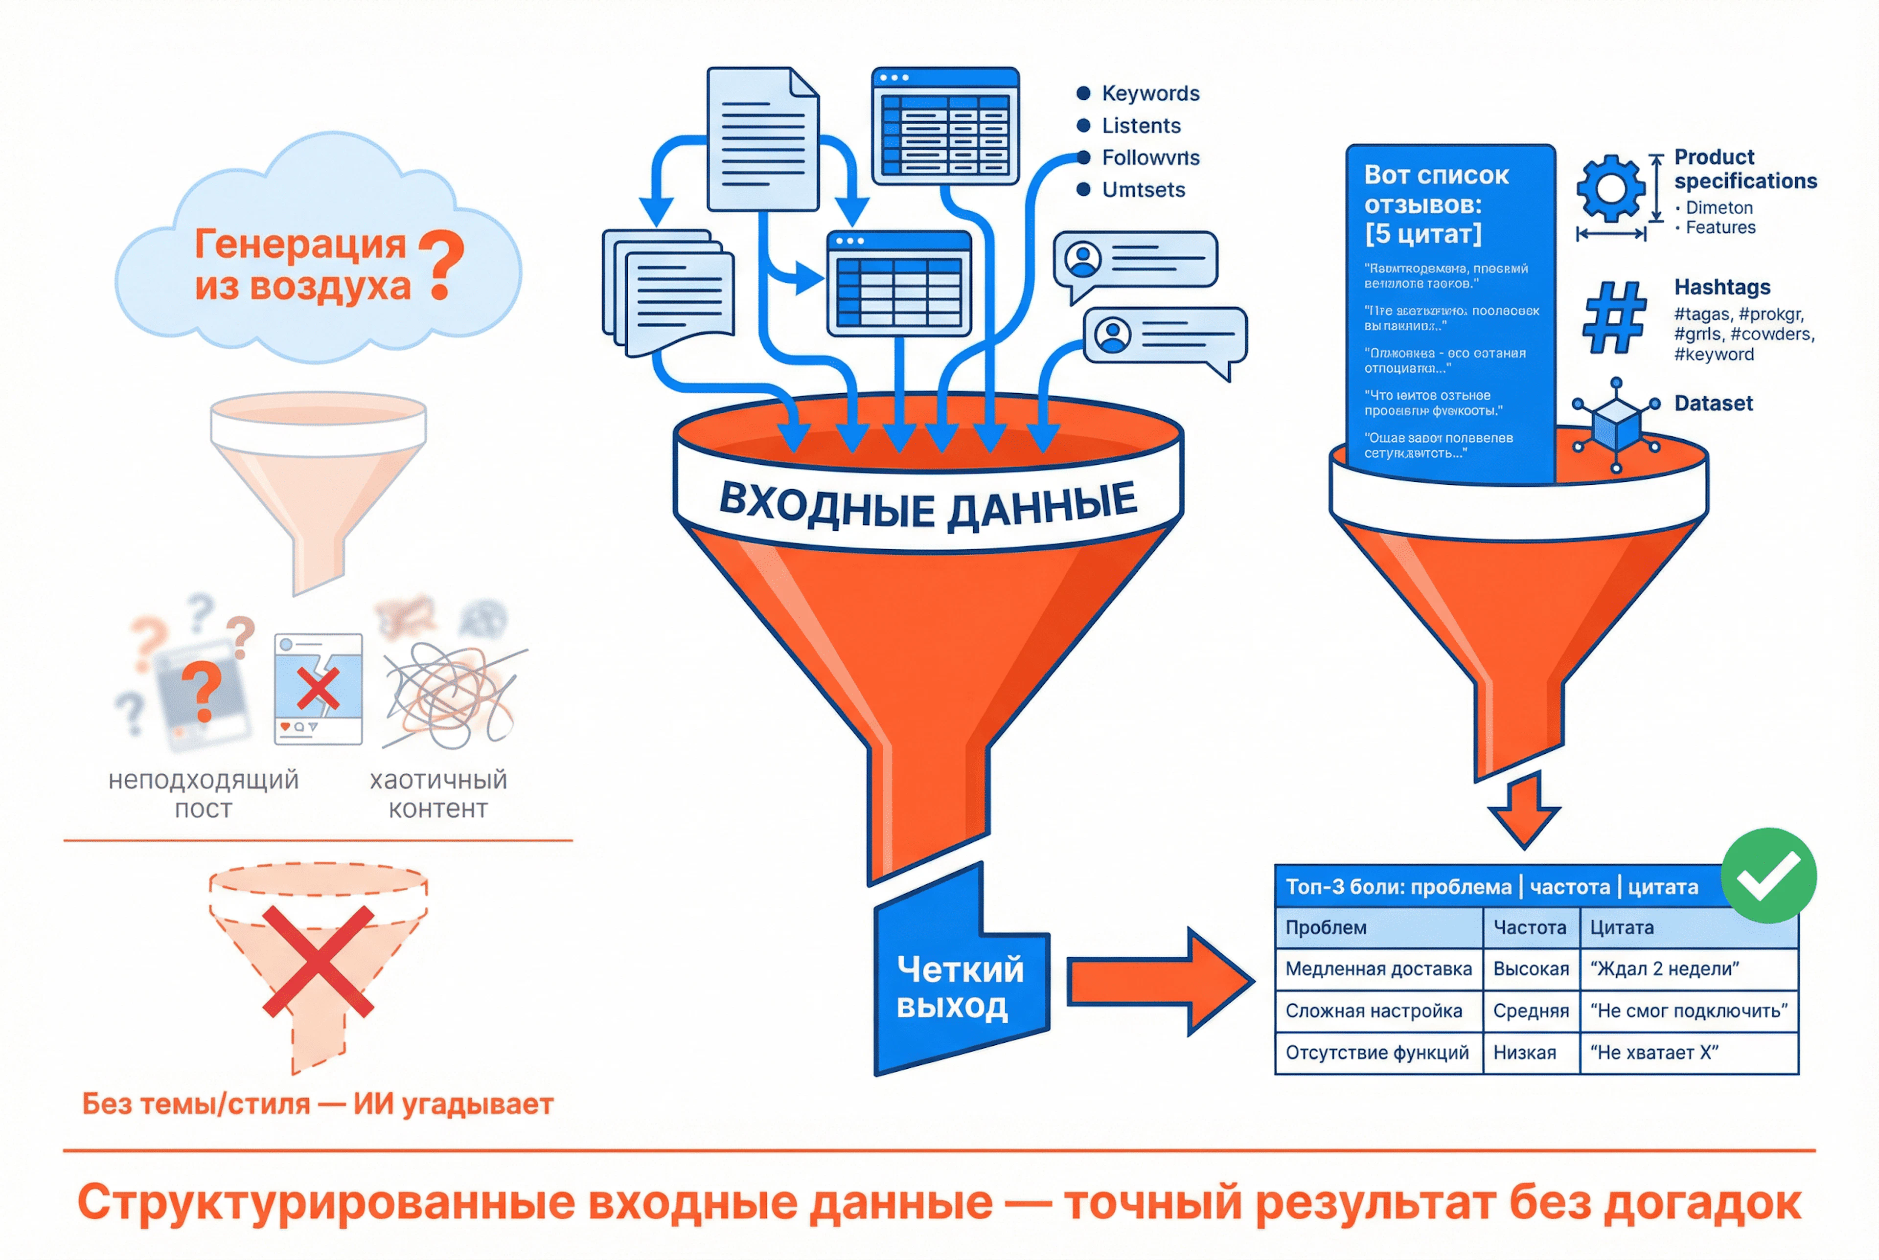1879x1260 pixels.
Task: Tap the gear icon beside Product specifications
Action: click(1610, 188)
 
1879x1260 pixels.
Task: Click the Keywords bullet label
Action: click(1149, 93)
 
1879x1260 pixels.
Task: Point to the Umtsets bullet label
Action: click(1143, 190)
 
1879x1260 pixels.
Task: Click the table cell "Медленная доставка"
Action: click(1377, 969)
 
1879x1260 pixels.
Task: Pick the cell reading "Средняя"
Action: click(1530, 1011)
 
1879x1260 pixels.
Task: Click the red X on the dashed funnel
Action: click(318, 962)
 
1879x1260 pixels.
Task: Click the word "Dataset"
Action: click(1713, 404)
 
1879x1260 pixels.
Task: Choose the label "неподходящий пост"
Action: click(204, 794)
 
